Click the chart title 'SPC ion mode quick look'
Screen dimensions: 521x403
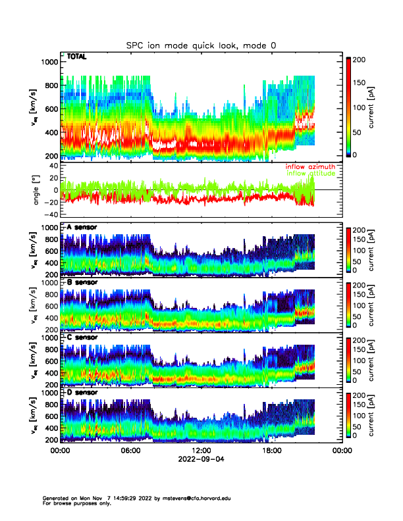point(201,45)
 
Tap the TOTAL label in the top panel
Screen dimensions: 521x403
point(76,59)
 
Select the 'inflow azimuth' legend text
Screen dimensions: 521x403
point(310,167)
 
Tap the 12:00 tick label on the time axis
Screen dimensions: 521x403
point(201,451)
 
